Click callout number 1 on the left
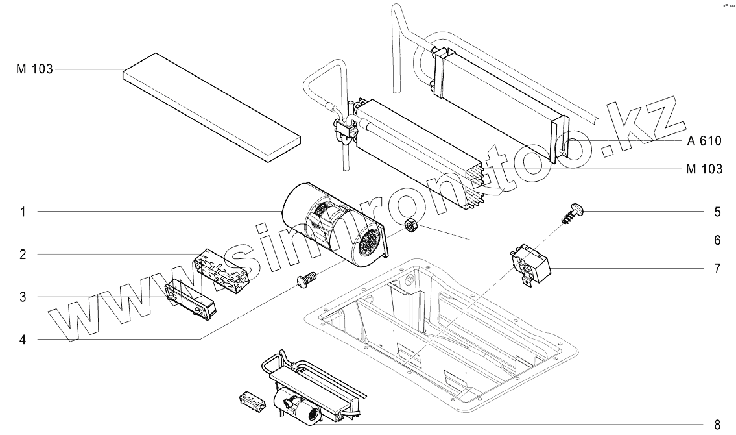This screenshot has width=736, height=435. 23,212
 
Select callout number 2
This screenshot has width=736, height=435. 23,255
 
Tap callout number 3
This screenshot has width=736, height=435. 23,297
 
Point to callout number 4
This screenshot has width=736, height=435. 23,339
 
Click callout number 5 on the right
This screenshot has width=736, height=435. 717,212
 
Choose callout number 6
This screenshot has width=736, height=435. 717,240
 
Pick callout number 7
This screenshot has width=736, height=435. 717,268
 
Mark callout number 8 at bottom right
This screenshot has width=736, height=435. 717,425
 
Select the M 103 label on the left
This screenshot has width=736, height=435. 34,68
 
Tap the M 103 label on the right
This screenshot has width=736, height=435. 704,169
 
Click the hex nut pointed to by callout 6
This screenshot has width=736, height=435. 410,226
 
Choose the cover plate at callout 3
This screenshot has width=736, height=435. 192,299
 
